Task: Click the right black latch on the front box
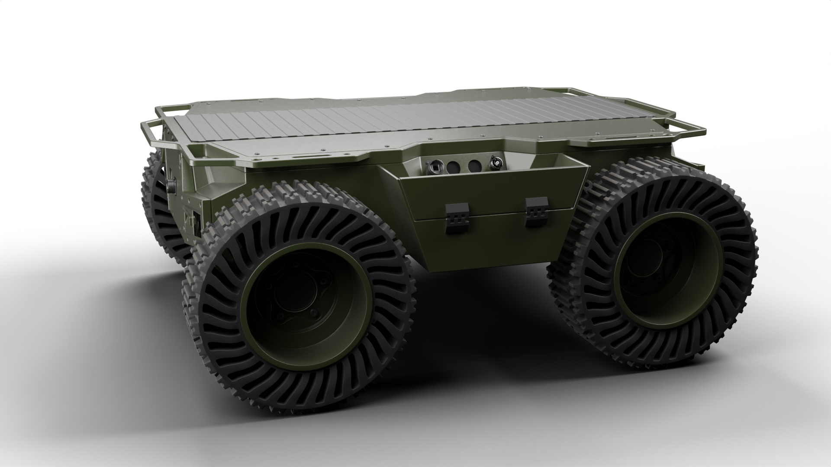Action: [x=537, y=211]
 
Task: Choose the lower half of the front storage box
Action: [x=493, y=242]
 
